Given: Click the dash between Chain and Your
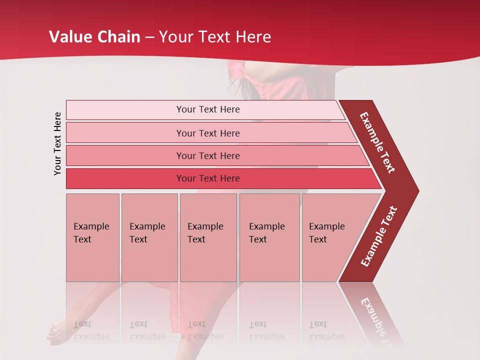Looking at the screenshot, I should pos(149,37).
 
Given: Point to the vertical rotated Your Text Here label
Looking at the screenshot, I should pos(57,143).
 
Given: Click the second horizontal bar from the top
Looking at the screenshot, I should pos(207,133).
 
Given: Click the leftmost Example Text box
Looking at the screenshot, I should pos(92,237).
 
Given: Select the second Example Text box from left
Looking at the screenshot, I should pos(149,237).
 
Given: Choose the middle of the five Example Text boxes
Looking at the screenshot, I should pos(208,237).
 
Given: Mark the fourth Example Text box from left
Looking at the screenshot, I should pos(269,237).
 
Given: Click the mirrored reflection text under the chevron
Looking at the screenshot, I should pos(375,315).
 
